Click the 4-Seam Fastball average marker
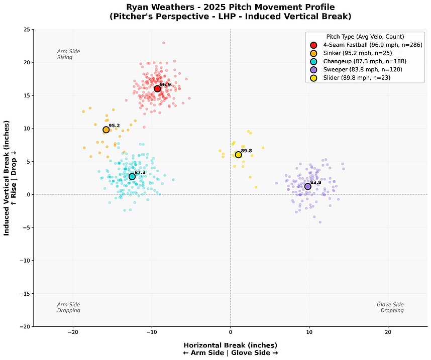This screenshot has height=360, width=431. (x=157, y=89)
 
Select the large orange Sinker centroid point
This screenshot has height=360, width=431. (x=106, y=130)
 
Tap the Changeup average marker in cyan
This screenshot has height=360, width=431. (x=132, y=176)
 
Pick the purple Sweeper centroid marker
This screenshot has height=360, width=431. (x=308, y=186)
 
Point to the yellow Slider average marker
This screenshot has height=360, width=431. (x=238, y=155)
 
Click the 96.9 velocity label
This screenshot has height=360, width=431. (x=165, y=85)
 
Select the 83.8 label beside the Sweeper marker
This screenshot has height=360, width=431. (x=315, y=182)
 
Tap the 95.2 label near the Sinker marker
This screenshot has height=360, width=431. (x=114, y=126)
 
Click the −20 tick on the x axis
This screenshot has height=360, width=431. (x=73, y=332)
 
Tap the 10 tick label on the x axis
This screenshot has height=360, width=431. (x=309, y=332)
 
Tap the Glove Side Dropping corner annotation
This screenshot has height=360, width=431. (x=390, y=307)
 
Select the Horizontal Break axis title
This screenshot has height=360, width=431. (x=230, y=345)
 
